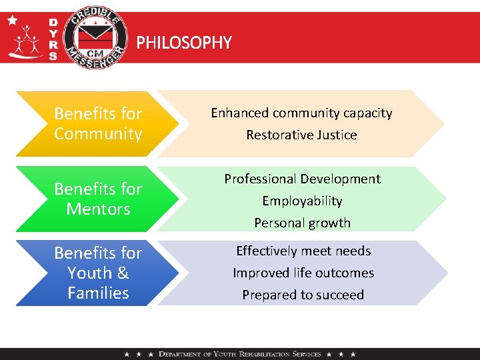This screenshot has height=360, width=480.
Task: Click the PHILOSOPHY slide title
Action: (x=184, y=43)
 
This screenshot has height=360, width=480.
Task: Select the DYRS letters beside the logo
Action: (x=53, y=39)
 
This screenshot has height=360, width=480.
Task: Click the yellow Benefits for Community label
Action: (x=98, y=124)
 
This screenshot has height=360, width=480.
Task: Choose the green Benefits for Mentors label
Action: (x=98, y=199)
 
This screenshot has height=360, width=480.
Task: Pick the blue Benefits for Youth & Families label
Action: (x=98, y=273)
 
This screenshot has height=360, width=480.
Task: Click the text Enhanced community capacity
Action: (x=301, y=113)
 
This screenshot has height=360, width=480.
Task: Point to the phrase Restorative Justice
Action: (x=301, y=135)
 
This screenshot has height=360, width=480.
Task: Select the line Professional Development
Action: (x=302, y=179)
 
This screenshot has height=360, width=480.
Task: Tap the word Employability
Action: (x=302, y=201)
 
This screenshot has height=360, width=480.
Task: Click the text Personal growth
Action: (x=302, y=223)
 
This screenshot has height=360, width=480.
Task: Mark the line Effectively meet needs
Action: (x=303, y=251)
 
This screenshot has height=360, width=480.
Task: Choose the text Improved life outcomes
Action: (x=303, y=273)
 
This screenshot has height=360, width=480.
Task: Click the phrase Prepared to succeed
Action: (x=303, y=295)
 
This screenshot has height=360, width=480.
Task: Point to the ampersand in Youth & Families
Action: (x=122, y=273)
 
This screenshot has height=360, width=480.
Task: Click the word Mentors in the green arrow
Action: (x=98, y=209)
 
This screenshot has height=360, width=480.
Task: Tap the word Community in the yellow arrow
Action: (x=98, y=134)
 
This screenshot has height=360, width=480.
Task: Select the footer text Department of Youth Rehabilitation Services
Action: (x=240, y=354)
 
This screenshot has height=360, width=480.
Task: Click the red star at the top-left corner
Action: (x=13, y=20)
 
